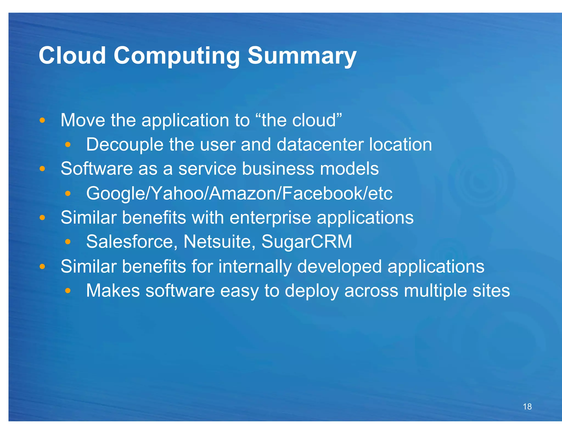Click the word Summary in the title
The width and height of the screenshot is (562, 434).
coord(302,56)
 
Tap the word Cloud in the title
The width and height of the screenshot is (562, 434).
coord(72,56)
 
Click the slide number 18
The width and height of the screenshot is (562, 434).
coord(527,406)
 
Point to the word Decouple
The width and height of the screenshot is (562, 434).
coord(125,145)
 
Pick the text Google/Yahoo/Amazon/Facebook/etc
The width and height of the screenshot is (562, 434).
coord(239,193)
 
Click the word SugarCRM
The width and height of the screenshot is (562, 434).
coord(307,242)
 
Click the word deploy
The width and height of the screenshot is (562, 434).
coord(311,291)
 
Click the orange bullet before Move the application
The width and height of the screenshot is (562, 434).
coord(42,120)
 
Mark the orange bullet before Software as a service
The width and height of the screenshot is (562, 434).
coord(42,168)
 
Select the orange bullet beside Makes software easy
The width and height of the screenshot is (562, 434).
coord(68,291)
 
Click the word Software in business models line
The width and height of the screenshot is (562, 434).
coord(96,168)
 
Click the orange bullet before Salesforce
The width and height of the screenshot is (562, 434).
coord(68,242)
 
